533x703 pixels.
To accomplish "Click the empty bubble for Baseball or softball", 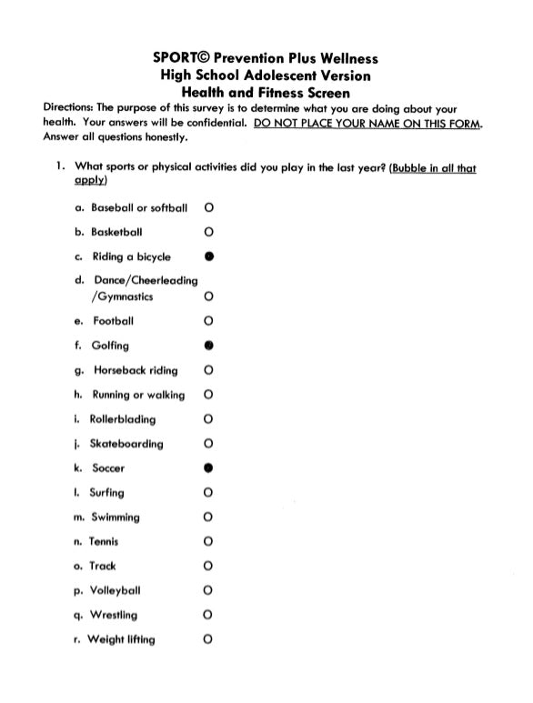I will pos(209,207).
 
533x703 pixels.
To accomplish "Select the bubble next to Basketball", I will pos(209,232).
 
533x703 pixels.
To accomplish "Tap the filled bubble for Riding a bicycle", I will pos(209,256).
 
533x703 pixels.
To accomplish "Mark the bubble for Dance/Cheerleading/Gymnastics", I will pos(209,296).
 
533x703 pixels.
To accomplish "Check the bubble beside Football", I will pos(209,321).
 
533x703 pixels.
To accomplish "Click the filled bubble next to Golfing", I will pos(209,346).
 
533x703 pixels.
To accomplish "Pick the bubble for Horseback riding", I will pos(209,370).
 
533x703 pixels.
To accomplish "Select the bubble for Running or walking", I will pos(209,395).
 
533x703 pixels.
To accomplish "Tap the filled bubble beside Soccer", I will pos(209,468).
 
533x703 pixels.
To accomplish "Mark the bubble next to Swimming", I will pos(209,517).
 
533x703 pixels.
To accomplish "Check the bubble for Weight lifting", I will pos(209,639).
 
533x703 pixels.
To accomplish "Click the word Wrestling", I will pos(114,615).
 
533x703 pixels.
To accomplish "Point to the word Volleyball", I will pos(116,590).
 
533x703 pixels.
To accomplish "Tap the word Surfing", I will pos(106,493).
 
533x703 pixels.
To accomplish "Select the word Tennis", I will pos(104,542).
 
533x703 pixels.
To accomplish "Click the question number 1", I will pos(57,168).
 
